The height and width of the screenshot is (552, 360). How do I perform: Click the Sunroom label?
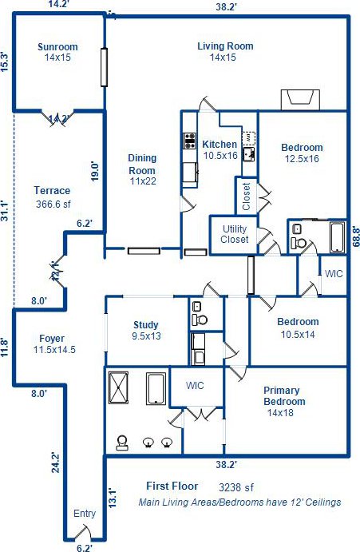click(57, 47)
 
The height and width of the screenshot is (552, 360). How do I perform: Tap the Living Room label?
click(225, 46)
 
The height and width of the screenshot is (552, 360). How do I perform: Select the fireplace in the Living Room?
click(300, 100)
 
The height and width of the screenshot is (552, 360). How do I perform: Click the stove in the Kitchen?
click(189, 141)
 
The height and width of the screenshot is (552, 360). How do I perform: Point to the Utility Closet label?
click(235, 234)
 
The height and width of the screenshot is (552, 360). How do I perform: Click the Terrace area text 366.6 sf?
click(53, 204)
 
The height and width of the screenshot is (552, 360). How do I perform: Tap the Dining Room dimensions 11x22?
click(143, 181)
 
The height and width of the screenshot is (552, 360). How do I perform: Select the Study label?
click(146, 324)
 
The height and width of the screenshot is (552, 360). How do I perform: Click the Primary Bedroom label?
click(284, 396)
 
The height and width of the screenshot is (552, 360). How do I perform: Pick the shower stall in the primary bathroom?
click(118, 387)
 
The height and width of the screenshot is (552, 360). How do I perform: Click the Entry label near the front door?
click(85, 514)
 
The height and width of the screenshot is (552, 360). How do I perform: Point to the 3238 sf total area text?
click(236, 487)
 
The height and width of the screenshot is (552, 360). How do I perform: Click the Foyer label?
click(52, 339)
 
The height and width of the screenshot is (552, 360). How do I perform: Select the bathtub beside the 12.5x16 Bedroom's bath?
click(337, 236)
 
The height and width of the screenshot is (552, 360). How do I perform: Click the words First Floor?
click(172, 486)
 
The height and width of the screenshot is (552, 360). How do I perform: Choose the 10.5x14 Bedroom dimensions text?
click(298, 334)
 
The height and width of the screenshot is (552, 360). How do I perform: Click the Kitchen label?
click(220, 145)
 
